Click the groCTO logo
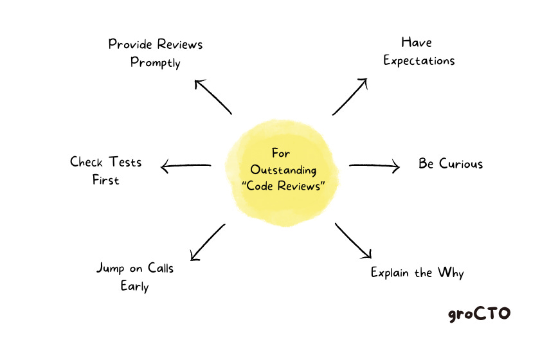point(479,314)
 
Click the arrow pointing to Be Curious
point(374,166)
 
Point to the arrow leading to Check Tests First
point(186,167)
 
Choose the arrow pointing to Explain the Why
point(353,240)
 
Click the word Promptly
point(156,63)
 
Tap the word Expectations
point(419,60)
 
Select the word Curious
point(461,163)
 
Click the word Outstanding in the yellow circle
point(283,170)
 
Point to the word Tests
point(125,161)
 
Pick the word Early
point(134,286)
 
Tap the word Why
point(450,273)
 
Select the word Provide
point(130,44)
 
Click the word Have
point(417,42)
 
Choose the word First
point(105,180)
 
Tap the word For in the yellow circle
point(281,154)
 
